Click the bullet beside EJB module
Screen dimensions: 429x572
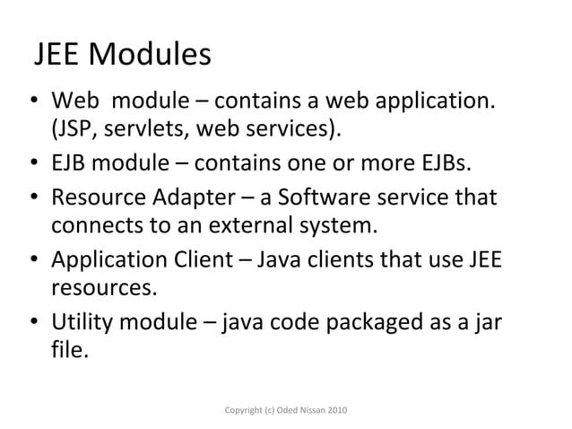click(x=32, y=164)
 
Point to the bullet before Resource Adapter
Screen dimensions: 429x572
click(x=32, y=197)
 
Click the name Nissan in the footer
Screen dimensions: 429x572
click(x=303, y=410)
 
